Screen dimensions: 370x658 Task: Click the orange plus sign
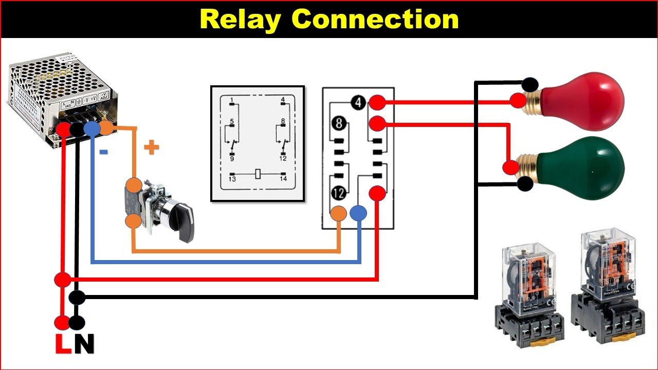(x=151, y=148)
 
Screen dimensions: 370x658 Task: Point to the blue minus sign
(x=103, y=152)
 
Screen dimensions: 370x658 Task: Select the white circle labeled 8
(x=339, y=124)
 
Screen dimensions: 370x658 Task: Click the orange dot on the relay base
(x=338, y=213)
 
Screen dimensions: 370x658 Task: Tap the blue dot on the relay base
(x=358, y=213)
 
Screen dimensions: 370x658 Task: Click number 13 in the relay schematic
(x=232, y=179)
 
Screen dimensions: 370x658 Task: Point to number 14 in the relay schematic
(x=283, y=179)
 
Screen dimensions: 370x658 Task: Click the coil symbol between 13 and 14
(x=259, y=174)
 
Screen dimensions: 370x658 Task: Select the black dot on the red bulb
(x=530, y=84)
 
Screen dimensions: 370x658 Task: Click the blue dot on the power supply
(x=91, y=128)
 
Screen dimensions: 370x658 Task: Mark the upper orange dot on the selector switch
(x=134, y=186)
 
